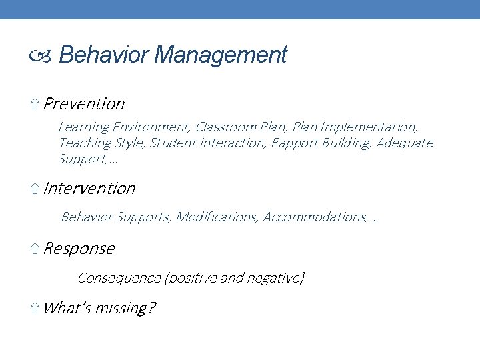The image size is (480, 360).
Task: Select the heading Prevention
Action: (84, 104)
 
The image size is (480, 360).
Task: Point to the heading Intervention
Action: (89, 189)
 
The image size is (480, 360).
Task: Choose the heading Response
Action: (79, 249)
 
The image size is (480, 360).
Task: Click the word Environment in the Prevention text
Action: (151, 127)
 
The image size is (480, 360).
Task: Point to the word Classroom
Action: (224, 127)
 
